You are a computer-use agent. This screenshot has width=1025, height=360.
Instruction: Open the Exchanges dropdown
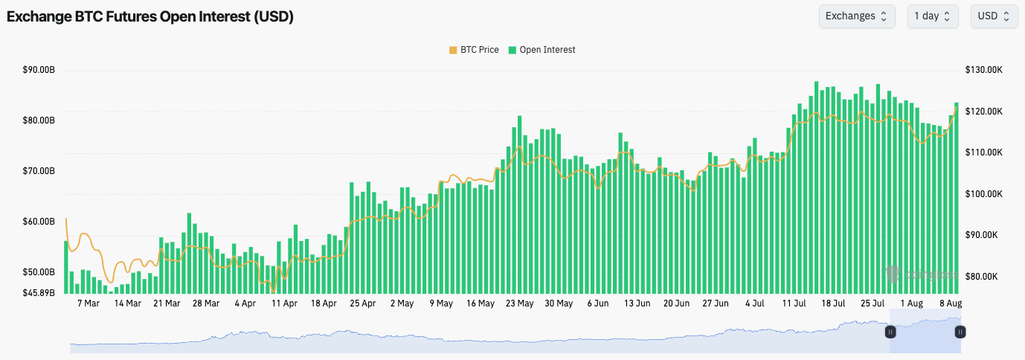[x=856, y=16]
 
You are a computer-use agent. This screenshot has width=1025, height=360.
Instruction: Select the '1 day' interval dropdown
[x=932, y=16]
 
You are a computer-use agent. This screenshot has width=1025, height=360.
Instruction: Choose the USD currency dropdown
[x=994, y=16]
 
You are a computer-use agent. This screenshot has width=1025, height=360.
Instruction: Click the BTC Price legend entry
[x=474, y=50]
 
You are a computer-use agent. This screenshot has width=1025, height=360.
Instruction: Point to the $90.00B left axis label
[x=39, y=70]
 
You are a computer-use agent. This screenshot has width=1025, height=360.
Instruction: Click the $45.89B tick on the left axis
[x=39, y=292]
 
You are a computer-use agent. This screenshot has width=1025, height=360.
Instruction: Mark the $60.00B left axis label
[x=39, y=222]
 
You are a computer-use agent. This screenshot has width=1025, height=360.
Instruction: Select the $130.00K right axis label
[x=986, y=70]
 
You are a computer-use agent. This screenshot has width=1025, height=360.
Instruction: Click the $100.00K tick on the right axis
[x=986, y=193]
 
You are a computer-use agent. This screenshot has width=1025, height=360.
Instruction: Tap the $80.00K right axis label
[x=986, y=276]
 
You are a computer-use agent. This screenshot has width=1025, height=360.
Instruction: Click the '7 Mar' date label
[x=88, y=303]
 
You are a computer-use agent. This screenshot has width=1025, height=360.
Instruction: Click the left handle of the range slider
[x=890, y=332]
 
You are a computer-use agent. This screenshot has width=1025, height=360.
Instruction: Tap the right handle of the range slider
[x=960, y=332]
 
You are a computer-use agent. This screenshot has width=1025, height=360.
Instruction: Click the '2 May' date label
[x=402, y=303]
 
